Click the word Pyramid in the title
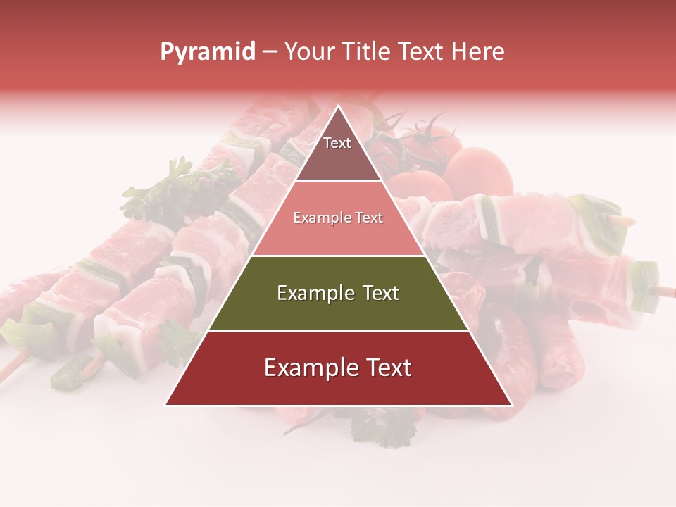tap(208, 52)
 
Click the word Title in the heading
tap(366, 52)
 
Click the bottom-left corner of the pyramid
tap(166, 404)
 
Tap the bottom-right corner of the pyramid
tap(511, 404)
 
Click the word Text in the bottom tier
tap(386, 368)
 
